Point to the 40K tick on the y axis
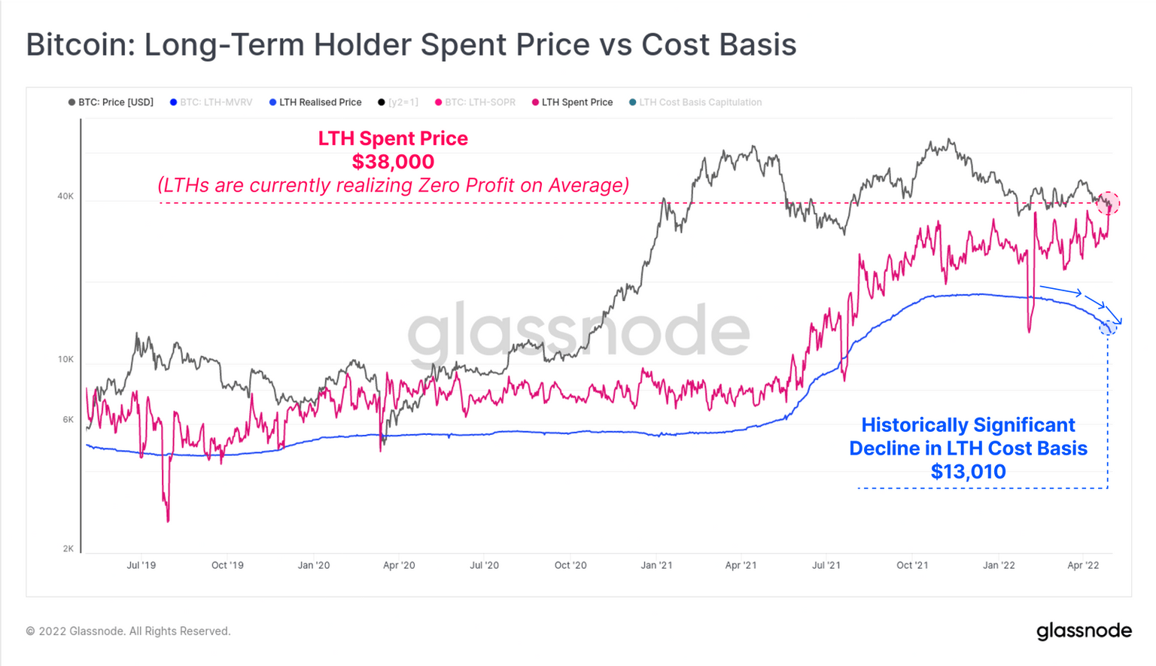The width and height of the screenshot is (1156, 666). [65, 196]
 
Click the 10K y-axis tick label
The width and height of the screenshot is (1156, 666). [65, 360]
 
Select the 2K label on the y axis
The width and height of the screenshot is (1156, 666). [68, 549]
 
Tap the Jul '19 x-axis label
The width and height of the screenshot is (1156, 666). [141, 565]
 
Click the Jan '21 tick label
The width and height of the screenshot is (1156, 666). [656, 565]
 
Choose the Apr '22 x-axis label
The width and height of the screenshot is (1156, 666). [1083, 565]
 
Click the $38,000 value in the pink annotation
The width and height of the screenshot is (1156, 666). [393, 162]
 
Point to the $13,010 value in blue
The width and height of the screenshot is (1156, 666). [968, 472]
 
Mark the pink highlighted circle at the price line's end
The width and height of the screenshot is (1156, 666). [1108, 203]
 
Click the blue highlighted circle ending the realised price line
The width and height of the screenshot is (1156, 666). [1107, 327]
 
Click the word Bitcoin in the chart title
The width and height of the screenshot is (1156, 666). [78, 45]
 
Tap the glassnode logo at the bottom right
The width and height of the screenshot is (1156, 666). [1084, 631]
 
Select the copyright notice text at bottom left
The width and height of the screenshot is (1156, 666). [128, 631]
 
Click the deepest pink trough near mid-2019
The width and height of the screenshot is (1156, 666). [167, 519]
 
